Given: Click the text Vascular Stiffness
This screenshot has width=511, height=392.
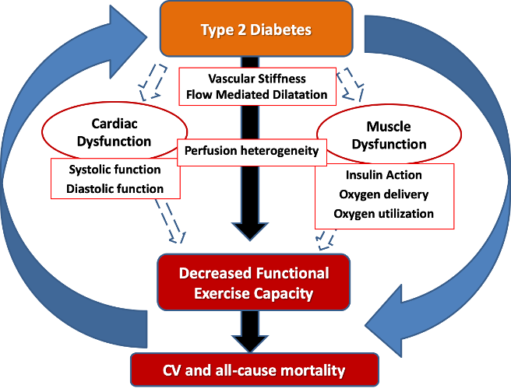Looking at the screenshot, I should pos(256,79).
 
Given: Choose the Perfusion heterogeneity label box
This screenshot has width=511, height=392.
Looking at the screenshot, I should pos(252,151).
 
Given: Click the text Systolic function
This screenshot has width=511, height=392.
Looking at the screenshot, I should pos(115,170).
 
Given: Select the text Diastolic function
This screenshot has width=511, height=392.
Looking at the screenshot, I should pos(115,189).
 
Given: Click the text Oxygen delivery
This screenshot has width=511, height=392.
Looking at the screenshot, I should pos(383,194).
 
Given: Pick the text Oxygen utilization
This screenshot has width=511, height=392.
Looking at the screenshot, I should pos(383,214).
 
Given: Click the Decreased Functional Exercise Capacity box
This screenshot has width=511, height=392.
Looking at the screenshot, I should pos(254,283).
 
